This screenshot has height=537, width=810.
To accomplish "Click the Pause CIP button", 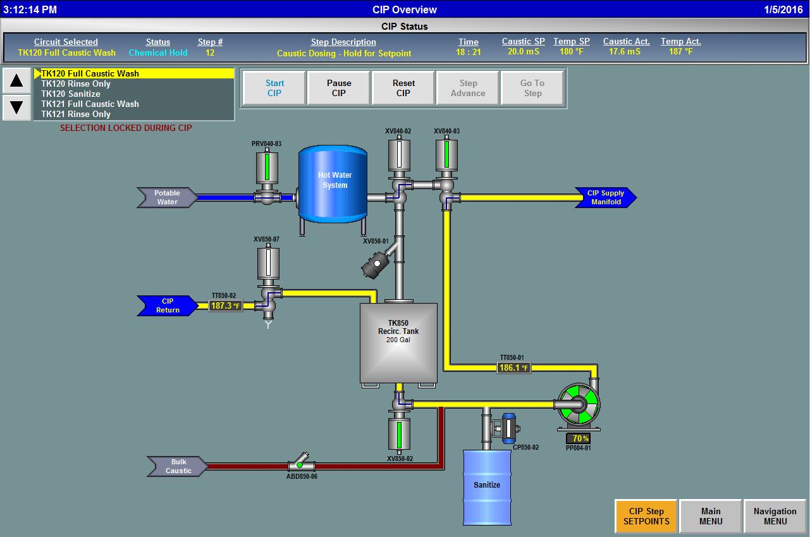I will (x=339, y=88).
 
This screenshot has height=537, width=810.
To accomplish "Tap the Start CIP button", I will (x=274, y=88).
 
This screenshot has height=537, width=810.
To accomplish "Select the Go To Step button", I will (x=532, y=88).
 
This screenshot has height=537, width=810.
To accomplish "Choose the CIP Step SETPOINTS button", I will (x=646, y=516).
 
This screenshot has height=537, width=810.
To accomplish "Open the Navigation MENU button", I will (x=775, y=516).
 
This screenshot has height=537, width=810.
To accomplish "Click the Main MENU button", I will (x=711, y=516).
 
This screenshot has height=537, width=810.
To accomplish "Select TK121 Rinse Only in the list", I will (x=76, y=114).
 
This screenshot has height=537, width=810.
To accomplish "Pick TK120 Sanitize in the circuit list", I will (x=71, y=94).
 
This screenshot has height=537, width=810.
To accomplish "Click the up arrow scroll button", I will (x=16, y=81).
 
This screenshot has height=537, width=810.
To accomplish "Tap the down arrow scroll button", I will (x=16, y=107).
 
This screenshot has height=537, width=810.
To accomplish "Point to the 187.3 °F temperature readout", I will (x=226, y=306).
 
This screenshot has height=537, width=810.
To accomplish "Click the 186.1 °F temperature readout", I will (x=513, y=367).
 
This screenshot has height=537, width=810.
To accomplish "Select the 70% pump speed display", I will (x=578, y=438).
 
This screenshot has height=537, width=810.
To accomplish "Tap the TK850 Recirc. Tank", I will (x=398, y=342).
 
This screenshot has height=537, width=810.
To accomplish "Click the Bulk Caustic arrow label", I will (x=178, y=467).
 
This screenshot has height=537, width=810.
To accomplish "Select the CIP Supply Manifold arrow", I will (x=605, y=198).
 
